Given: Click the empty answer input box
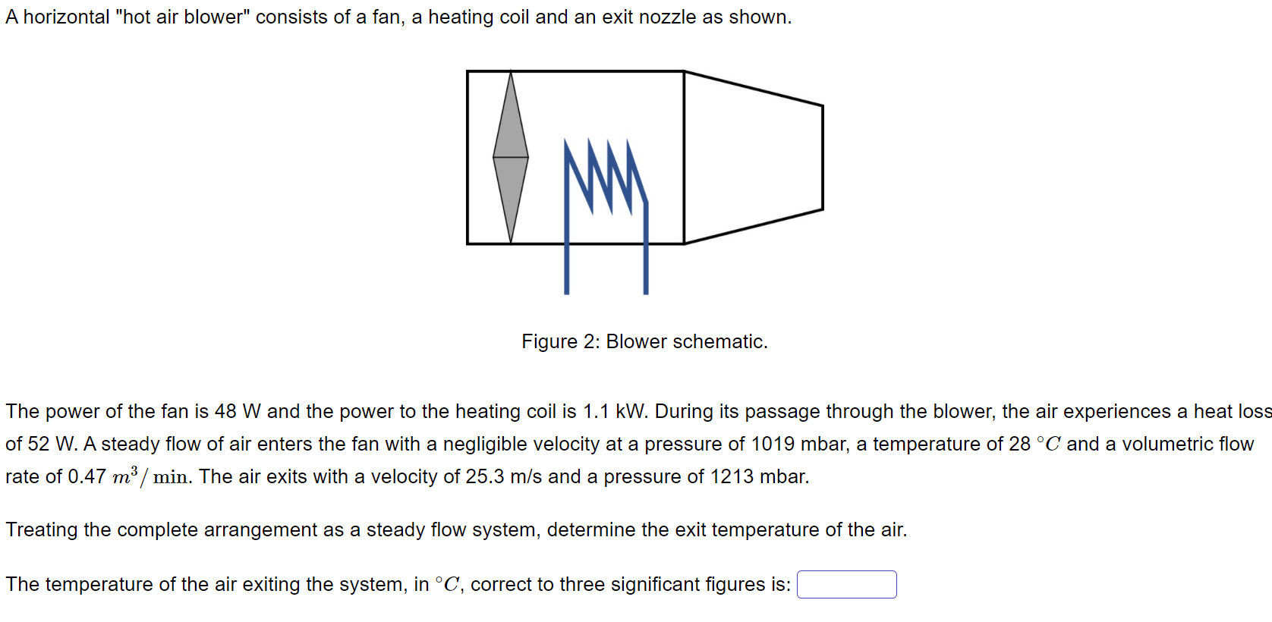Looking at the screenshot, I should [846, 585].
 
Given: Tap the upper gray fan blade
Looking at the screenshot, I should [511, 125].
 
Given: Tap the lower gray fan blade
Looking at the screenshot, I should [511, 193].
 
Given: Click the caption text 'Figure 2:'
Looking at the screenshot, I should [560, 342].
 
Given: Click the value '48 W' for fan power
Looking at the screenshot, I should [238, 411].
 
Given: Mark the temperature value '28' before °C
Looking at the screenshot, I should [1019, 444].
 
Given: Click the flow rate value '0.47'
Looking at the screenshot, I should [87, 476].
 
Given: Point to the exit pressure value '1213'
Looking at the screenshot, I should [732, 476].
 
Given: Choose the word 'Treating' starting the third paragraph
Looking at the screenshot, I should [42, 529].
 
